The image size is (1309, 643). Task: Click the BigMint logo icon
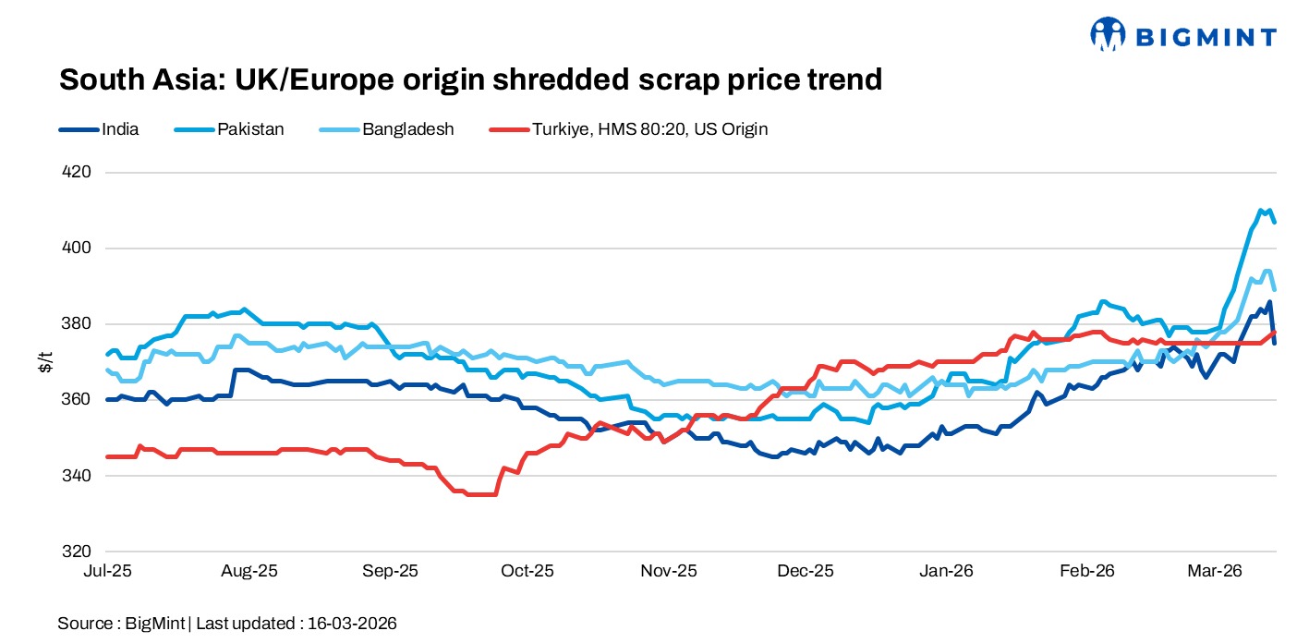[x=1108, y=34]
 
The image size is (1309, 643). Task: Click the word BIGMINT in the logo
[x=1206, y=37]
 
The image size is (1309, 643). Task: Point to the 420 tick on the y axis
[x=77, y=173]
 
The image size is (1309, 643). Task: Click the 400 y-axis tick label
[x=77, y=249]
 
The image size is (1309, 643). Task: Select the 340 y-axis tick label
[x=77, y=476]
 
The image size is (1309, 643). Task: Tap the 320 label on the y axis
[x=77, y=552]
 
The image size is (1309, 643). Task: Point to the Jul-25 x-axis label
[x=108, y=571]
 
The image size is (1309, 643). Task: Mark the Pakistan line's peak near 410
[x=1261, y=211]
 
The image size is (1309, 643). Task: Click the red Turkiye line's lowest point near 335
[x=480, y=494]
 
